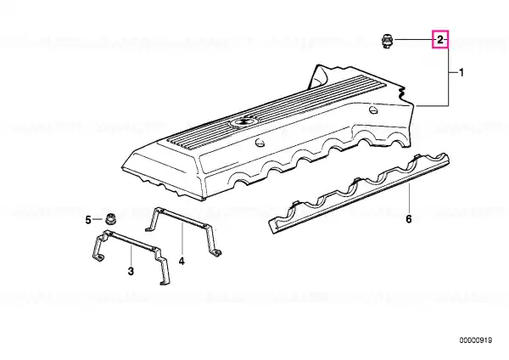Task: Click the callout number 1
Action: [x=461, y=73]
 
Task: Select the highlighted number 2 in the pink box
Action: [x=439, y=40]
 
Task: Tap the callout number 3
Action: [x=131, y=271]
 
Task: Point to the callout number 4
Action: [x=182, y=261]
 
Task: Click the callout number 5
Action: [x=88, y=220]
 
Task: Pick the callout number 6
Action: [x=409, y=219]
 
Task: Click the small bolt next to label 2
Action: [x=387, y=41]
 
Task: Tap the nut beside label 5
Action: [x=110, y=219]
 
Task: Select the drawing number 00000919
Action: [x=476, y=340]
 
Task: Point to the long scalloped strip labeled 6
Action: [x=359, y=194]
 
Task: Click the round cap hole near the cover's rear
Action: [x=373, y=110]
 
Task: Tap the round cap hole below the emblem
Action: [x=260, y=143]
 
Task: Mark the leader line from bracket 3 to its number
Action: [x=131, y=256]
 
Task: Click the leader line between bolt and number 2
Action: [x=414, y=40]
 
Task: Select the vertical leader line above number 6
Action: [x=409, y=199]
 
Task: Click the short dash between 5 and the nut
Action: [x=98, y=220]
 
